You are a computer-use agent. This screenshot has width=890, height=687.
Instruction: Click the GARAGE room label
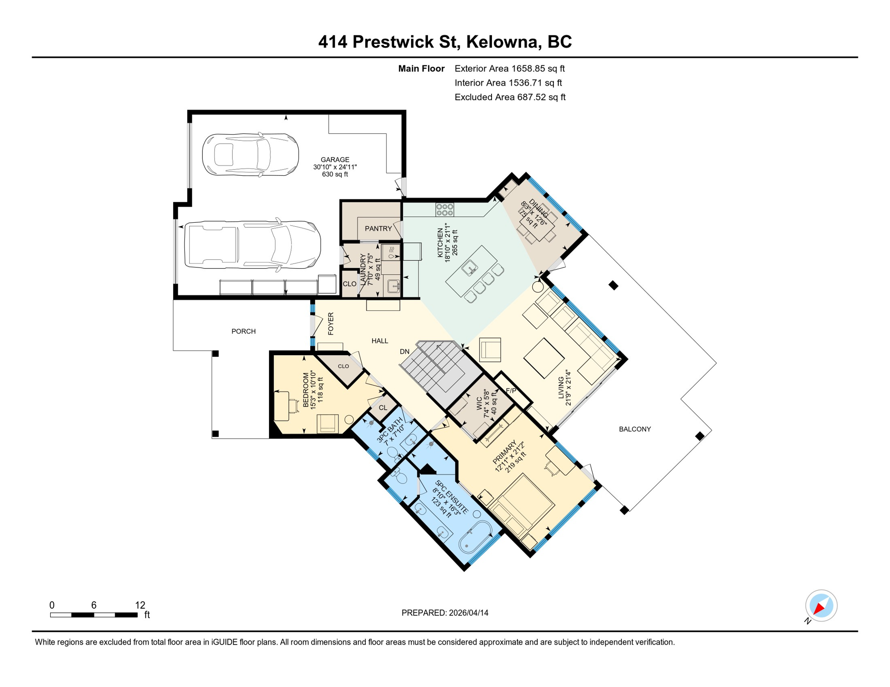(335, 160)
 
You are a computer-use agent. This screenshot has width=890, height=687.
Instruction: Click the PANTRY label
(378, 229)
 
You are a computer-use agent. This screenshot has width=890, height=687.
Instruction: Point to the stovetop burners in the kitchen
(445, 209)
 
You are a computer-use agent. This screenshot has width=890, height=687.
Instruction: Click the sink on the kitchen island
(470, 268)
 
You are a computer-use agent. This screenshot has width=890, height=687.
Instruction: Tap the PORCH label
(244, 331)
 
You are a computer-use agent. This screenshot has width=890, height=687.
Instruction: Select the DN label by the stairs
(404, 352)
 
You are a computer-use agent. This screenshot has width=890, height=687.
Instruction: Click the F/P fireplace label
(511, 390)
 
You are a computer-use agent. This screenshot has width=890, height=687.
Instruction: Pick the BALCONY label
(634, 429)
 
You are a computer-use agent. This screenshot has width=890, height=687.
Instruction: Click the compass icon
(821, 606)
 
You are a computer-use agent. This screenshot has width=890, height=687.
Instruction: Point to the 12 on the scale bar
(140, 605)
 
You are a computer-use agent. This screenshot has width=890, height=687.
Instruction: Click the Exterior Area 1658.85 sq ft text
(509, 68)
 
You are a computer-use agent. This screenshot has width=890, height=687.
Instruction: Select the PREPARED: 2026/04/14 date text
(445, 613)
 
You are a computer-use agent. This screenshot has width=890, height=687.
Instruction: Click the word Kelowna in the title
(501, 42)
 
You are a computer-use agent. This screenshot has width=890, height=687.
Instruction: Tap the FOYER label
(331, 324)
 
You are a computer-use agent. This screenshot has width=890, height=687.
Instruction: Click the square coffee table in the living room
(543, 358)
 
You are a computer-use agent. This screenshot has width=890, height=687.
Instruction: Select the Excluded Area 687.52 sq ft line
(510, 97)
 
